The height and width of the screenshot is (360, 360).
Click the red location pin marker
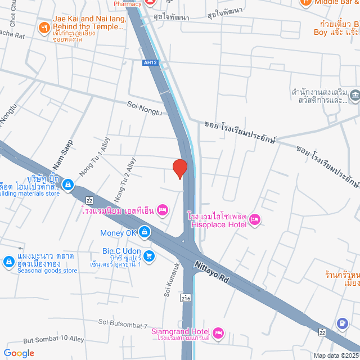tap(179, 169)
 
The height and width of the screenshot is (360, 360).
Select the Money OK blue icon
tap(145, 232)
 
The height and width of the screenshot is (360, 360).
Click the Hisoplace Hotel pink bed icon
tap(254, 219)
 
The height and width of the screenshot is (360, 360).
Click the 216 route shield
tap(185, 298)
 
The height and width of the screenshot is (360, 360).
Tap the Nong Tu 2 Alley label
tap(125, 179)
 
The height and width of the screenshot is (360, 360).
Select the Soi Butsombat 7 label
tap(123, 323)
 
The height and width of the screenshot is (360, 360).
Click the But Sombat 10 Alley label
tap(53, 340)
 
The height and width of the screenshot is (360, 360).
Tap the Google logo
tap(18, 353)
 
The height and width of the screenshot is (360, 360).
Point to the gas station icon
tap(342, 324)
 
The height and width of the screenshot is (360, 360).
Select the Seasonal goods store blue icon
tap(8, 262)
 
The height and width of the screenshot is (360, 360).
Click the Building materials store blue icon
tap(68, 184)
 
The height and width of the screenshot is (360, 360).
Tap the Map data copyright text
tap(336, 355)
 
